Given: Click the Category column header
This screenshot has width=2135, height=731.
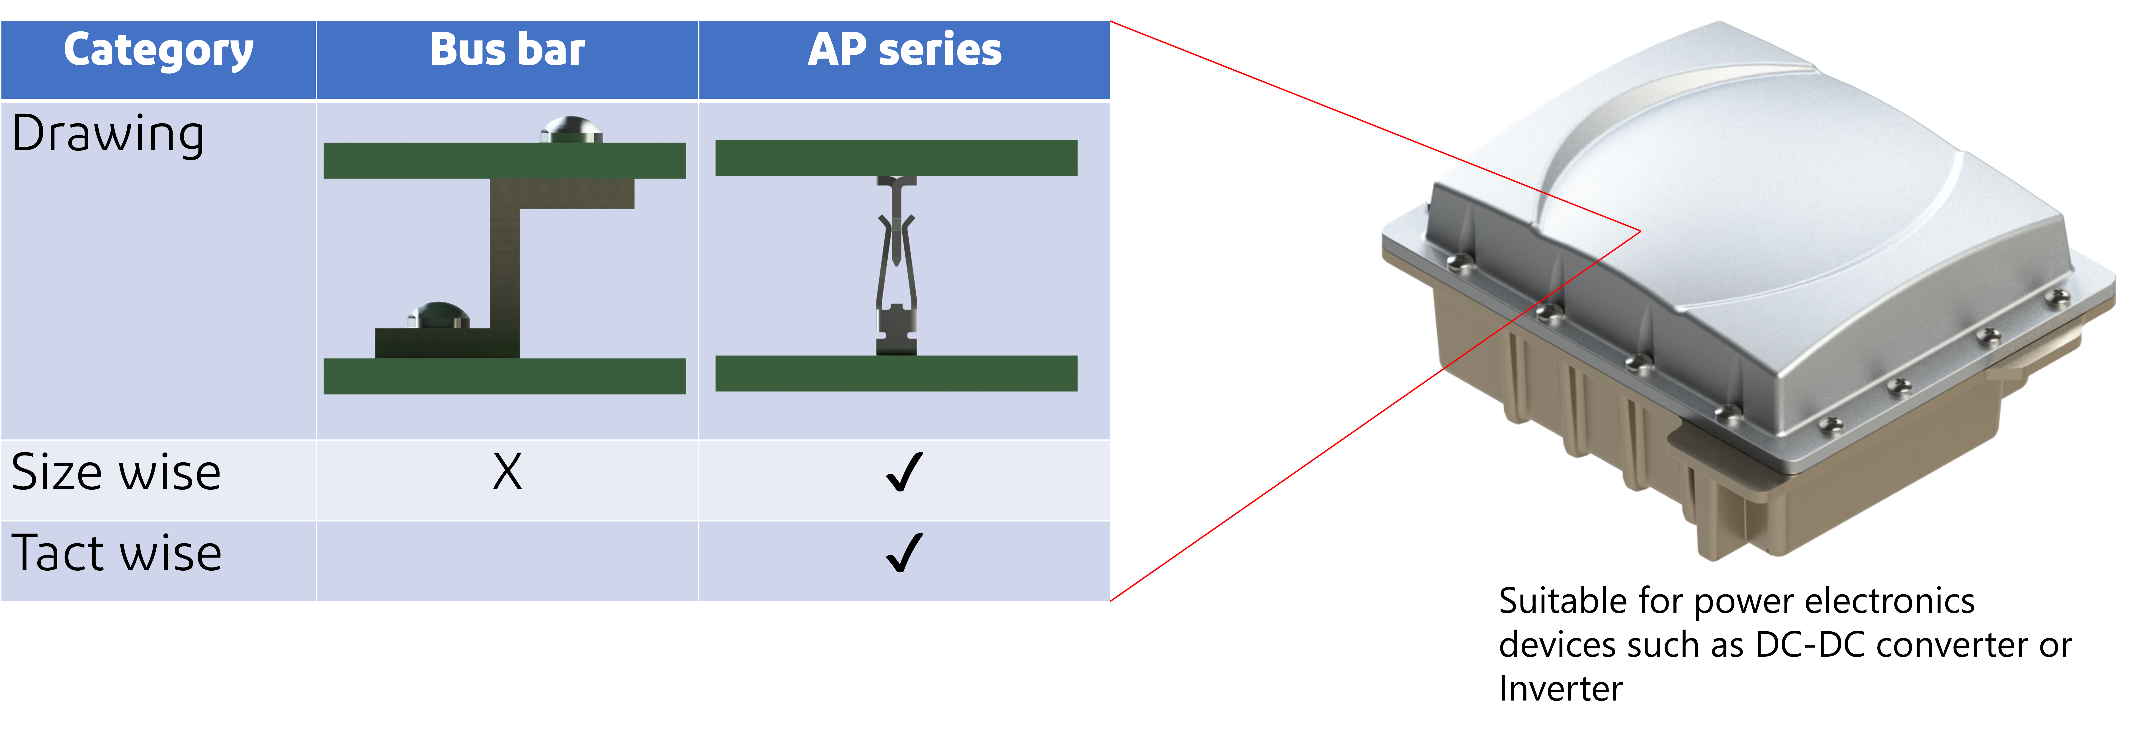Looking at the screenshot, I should click(x=158, y=51).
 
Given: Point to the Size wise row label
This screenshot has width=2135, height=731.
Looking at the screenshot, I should click(x=116, y=473).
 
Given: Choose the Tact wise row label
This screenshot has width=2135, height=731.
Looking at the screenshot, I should click(x=116, y=554).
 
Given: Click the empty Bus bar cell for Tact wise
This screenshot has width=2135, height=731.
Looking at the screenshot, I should click(x=507, y=561).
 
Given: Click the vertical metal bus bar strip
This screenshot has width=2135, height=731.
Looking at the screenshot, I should click(x=504, y=265).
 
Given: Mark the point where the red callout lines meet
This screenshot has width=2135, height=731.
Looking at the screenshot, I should click(x=1639, y=231).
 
